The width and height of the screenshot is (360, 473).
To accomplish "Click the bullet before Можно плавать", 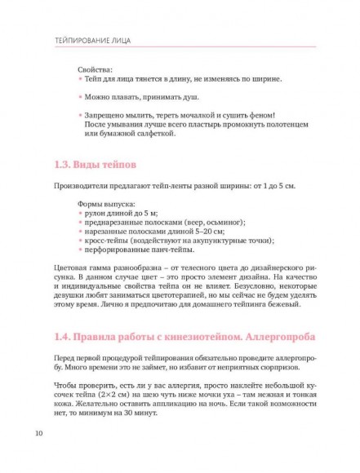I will (80, 98).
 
